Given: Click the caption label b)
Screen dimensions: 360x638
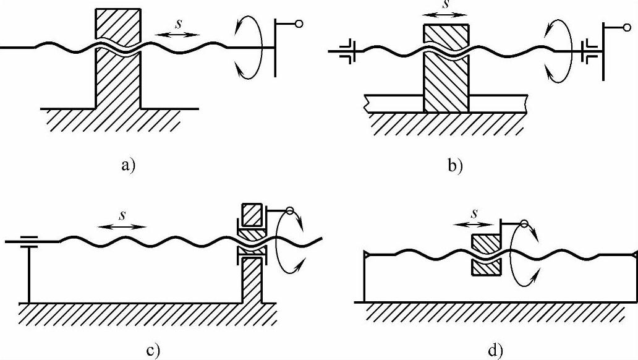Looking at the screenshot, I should tap(455, 165).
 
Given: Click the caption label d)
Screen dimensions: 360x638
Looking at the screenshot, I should tap(496, 350).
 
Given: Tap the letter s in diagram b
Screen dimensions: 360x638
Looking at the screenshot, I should tap(446, 4).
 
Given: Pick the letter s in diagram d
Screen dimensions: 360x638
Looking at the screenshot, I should tap(475, 213).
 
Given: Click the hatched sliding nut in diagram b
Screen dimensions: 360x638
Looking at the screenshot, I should tap(446, 80).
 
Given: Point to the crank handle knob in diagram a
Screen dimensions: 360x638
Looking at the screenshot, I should tap(299, 24).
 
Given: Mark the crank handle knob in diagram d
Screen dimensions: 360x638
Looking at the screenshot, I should tap(524, 224).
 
